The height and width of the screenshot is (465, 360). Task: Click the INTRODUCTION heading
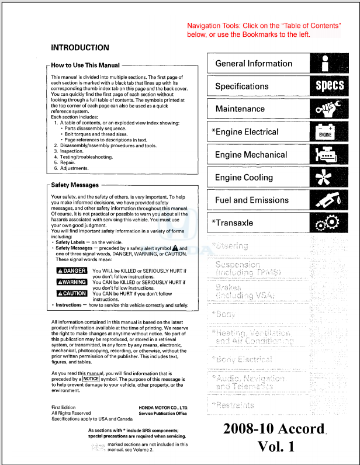(x=80, y=47)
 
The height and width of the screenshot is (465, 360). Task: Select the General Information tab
(x=254, y=64)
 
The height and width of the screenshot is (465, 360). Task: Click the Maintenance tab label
(x=240, y=109)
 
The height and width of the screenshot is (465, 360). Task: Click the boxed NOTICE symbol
(x=91, y=379)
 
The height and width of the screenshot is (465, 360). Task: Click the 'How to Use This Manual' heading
(x=86, y=66)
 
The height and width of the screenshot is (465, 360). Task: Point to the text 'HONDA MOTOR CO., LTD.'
(x=163, y=407)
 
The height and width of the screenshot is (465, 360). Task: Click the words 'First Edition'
(x=64, y=407)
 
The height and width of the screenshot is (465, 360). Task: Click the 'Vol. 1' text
(x=276, y=447)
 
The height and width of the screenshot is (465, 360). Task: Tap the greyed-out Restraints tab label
(x=235, y=405)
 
